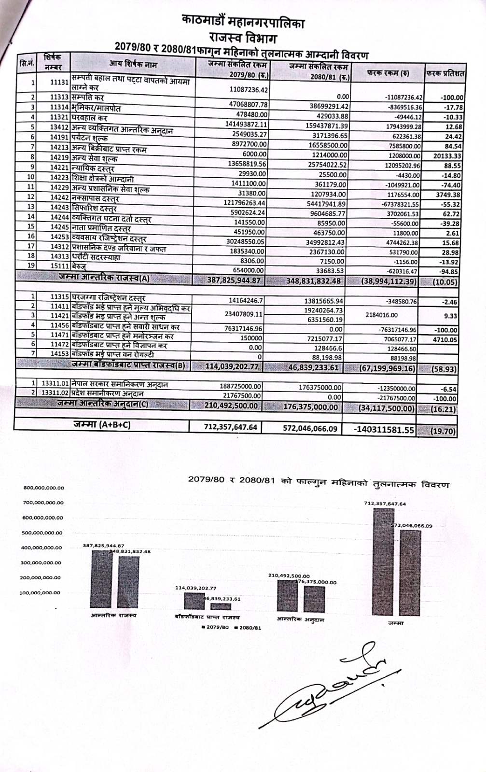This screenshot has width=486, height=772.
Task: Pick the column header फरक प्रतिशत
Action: [444, 74]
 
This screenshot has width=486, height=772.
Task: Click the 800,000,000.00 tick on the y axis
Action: [43, 488]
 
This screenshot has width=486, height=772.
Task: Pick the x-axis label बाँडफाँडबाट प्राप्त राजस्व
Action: [207, 618]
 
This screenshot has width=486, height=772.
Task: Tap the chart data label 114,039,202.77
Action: [195, 588]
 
